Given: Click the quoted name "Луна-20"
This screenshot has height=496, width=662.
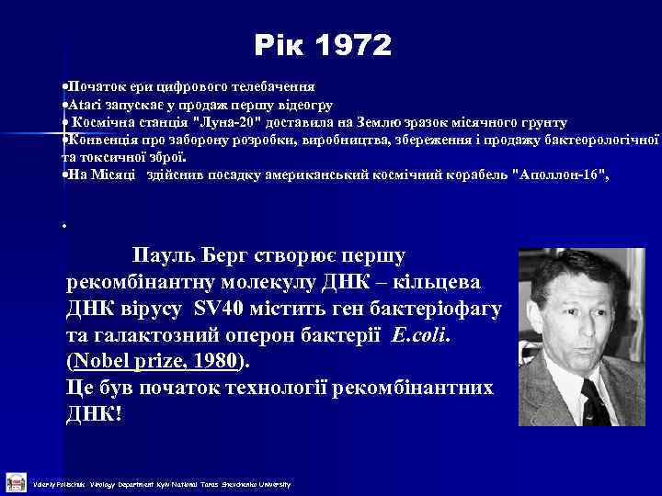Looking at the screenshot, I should click(226, 122).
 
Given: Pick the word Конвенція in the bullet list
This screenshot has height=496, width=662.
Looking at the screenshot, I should click(92, 139).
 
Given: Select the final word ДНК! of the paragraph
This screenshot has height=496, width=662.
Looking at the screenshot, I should click(94, 413).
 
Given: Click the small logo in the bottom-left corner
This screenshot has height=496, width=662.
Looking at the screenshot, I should click(15, 483).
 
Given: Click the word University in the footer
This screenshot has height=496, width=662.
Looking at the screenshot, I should click(271, 484).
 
